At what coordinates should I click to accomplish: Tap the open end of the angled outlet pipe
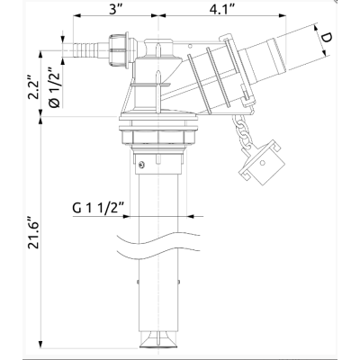pyautogui.click(x=296, y=40)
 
